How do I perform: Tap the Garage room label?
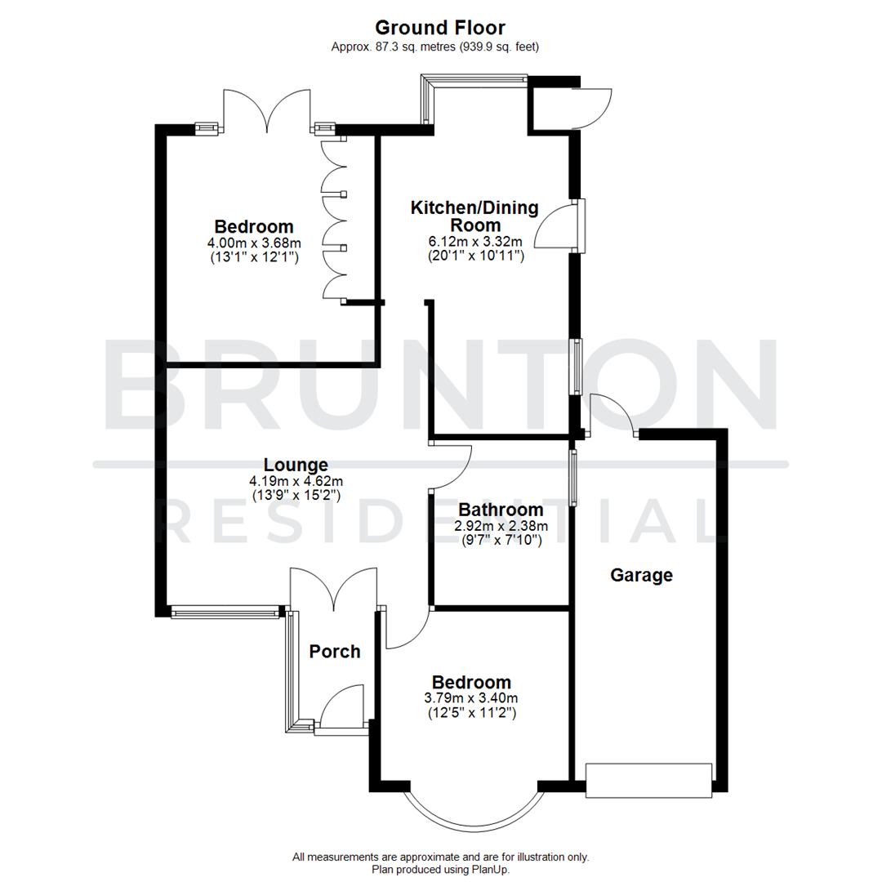(x=642, y=575)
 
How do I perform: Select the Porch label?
(x=335, y=651)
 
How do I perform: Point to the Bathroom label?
(x=501, y=510)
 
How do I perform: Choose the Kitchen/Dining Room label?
(x=474, y=216)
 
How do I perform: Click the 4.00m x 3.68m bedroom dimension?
(x=253, y=243)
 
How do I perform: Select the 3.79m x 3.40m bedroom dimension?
(x=471, y=697)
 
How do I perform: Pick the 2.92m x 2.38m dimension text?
(x=501, y=526)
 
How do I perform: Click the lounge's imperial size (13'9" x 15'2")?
(x=295, y=496)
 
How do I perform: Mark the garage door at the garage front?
(x=649, y=780)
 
